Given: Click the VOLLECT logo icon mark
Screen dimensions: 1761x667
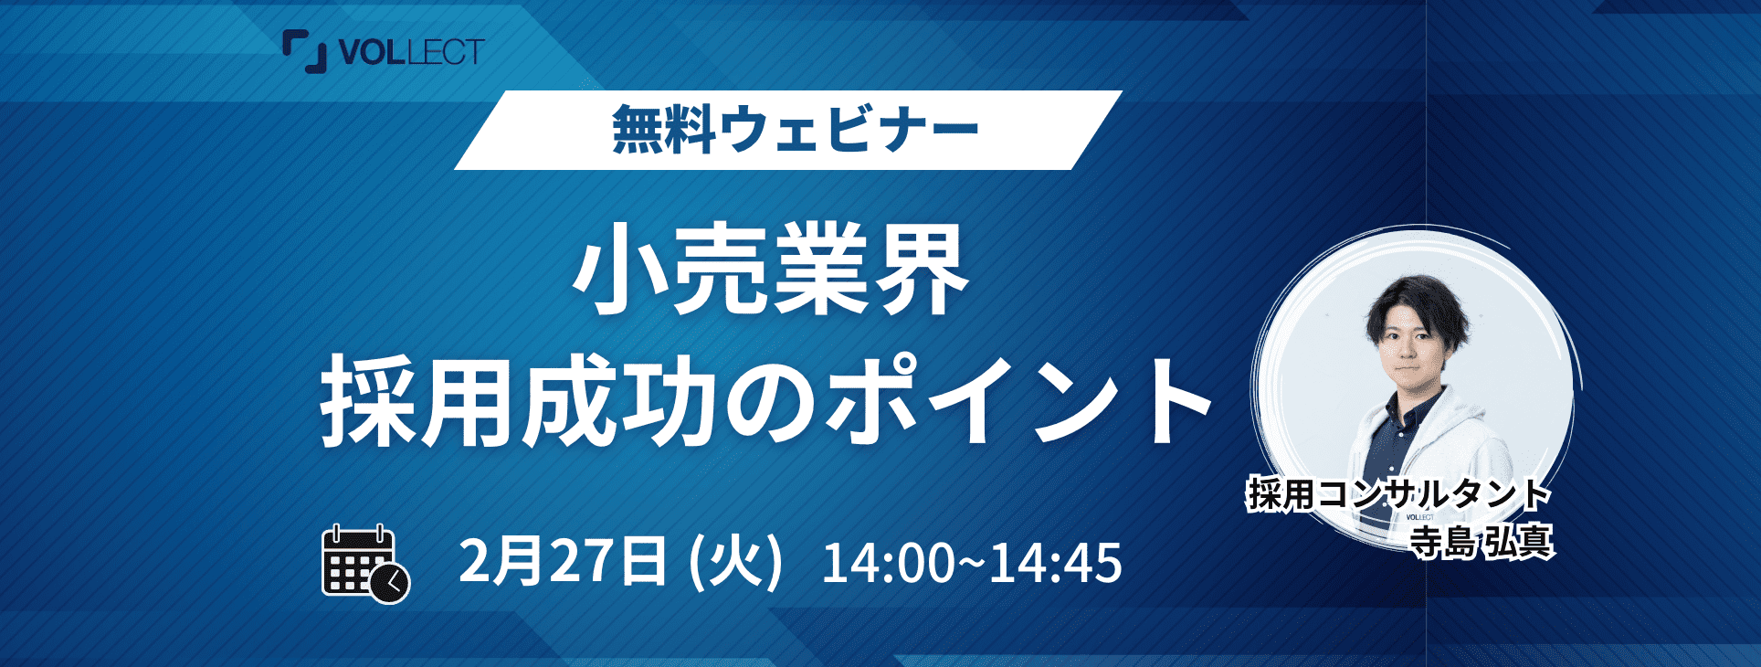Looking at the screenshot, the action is (304, 51).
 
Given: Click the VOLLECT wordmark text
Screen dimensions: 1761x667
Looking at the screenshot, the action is (411, 52).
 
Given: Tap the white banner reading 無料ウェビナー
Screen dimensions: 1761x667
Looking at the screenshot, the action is (788, 130).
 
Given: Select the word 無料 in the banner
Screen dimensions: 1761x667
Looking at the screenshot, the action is (664, 129).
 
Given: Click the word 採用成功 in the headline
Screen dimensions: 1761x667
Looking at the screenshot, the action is (517, 401).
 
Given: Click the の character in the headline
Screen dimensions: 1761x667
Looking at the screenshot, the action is (769, 403).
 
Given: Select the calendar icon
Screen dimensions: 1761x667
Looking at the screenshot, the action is (365, 564).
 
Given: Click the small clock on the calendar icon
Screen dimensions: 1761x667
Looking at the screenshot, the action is (391, 583).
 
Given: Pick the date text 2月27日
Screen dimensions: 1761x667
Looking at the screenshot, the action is (563, 560).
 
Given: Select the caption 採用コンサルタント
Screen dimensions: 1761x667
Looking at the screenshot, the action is (1399, 494).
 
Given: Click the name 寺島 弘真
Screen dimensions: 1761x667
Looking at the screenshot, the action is (1481, 541).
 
